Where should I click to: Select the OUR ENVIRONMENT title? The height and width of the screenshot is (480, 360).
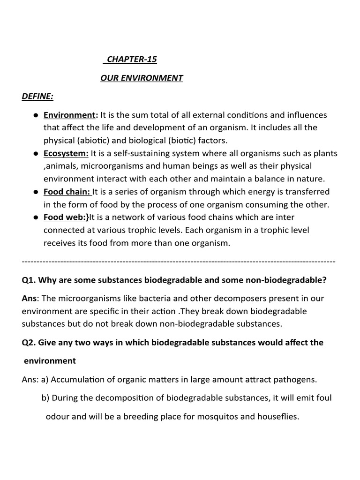pos(142,78)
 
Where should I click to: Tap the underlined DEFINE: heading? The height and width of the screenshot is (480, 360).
pos(37,97)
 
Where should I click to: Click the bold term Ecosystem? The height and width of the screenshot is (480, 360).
pos(66,153)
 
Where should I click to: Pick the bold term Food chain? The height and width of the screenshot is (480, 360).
pos(67,191)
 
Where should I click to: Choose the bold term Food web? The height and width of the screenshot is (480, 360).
pos(66,217)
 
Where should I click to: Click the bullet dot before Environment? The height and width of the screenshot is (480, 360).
pos(36,115)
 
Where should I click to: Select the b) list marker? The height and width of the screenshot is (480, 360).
pos(45,397)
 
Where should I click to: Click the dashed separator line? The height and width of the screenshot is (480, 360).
pos(179,260)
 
